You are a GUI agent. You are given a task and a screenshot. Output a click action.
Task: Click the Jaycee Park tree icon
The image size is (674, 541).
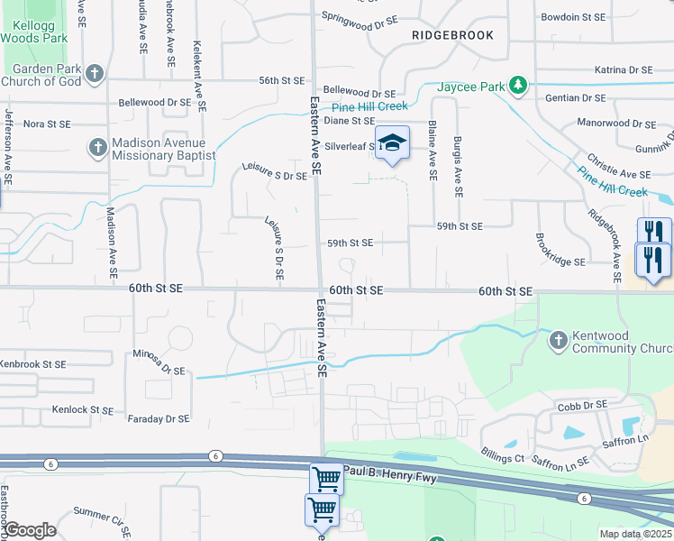click(518, 86)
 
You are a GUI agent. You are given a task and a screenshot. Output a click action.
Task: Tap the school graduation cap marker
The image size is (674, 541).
click(392, 143)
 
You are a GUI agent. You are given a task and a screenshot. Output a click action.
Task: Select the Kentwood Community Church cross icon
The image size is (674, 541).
click(558, 340)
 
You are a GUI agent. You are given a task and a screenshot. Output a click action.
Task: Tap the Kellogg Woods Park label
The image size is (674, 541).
click(34, 32)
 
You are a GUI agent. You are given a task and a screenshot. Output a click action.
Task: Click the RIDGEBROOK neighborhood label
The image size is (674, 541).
click(452, 34)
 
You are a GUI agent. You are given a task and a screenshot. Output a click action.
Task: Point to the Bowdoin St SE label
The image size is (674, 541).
click(572, 17)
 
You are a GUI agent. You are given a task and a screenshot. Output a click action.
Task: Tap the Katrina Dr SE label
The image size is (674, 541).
click(624, 69)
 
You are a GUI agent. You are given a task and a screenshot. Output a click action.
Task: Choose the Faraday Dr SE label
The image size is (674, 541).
click(159, 418)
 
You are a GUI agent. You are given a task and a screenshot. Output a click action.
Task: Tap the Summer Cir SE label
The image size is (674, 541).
click(103, 514)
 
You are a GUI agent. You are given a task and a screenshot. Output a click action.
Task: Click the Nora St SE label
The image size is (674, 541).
click(46, 124)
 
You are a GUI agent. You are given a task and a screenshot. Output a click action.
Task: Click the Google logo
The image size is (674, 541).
click(30, 530)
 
